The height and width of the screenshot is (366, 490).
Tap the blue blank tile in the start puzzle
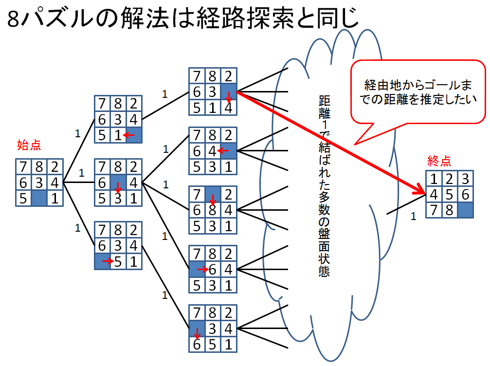click(39, 198)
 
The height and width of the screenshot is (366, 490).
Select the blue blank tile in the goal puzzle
click(466, 210)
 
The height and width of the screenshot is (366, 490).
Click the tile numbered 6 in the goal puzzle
click(466, 194)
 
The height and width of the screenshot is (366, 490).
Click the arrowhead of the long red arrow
click(419, 191)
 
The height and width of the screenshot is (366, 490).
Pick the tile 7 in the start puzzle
click(23, 167)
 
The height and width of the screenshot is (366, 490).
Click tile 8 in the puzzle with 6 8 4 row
click(213, 211)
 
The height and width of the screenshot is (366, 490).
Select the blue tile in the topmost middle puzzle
click(229, 91)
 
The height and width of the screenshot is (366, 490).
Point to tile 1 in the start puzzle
click(55, 198)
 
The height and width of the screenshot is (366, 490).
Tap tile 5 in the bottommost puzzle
click(213, 344)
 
